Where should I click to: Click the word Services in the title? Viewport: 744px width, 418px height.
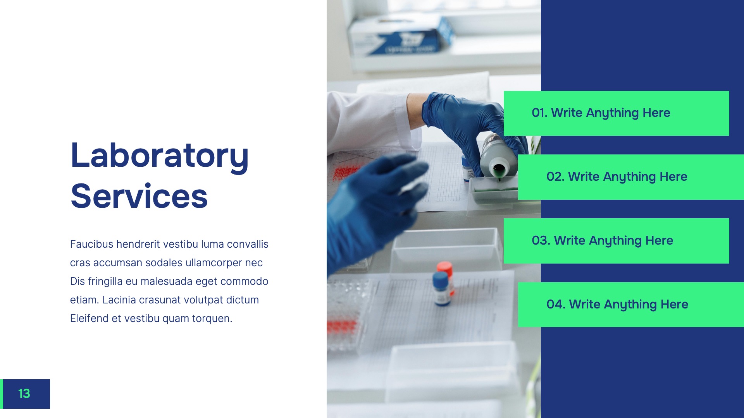pos(139,196)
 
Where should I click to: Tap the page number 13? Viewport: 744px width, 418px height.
pos(24,394)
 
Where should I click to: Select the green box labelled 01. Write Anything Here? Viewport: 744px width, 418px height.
pos(616,113)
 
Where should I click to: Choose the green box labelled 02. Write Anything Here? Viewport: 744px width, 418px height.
pos(631,177)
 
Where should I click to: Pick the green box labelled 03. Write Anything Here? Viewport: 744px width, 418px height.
pos(616,241)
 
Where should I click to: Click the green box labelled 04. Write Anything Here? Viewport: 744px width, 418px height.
pos(631,305)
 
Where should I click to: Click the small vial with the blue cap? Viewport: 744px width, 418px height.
pos(441,289)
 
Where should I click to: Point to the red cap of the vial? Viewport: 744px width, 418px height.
pos(444,268)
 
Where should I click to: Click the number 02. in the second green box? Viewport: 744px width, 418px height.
pos(555,177)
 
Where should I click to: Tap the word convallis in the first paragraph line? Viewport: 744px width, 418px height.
pos(248,244)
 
